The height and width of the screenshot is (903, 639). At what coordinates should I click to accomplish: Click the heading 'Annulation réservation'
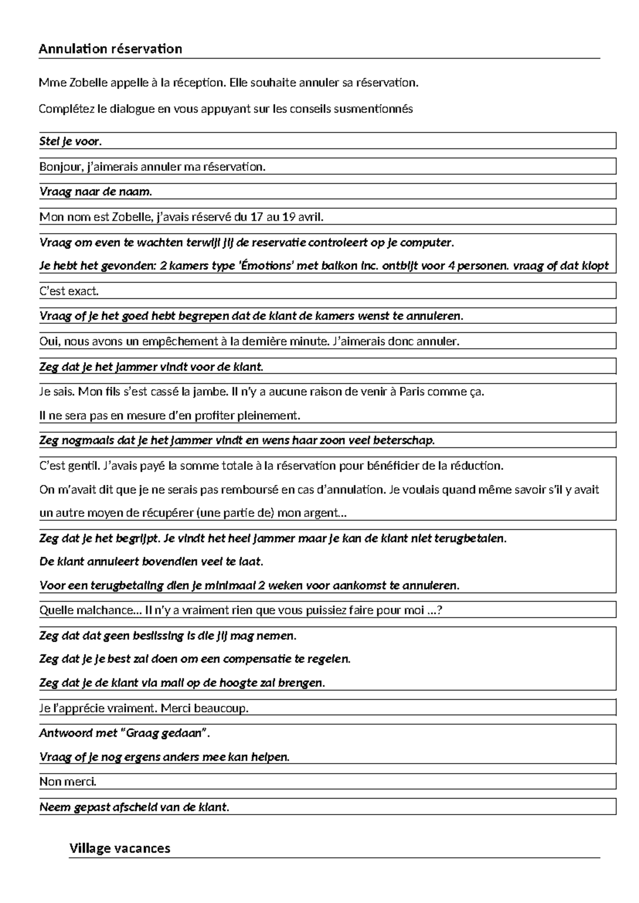pos(110,49)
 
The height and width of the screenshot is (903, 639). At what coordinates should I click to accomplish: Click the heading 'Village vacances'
pos(119,848)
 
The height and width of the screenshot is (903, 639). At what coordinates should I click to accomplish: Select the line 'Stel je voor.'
pos(70,142)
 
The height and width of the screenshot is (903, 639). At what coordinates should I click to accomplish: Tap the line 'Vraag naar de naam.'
pos(96,192)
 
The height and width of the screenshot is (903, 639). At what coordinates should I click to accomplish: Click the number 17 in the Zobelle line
pos(257,217)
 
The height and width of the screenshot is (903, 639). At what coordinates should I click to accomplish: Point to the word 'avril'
pos(310,217)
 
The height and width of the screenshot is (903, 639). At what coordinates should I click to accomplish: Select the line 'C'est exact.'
pos(69,291)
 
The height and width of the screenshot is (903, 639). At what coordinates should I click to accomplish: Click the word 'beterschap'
pos(404,441)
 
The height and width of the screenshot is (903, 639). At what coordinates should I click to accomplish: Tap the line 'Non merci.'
pos(68,782)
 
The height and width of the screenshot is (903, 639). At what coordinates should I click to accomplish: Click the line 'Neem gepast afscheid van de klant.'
pos(134,807)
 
